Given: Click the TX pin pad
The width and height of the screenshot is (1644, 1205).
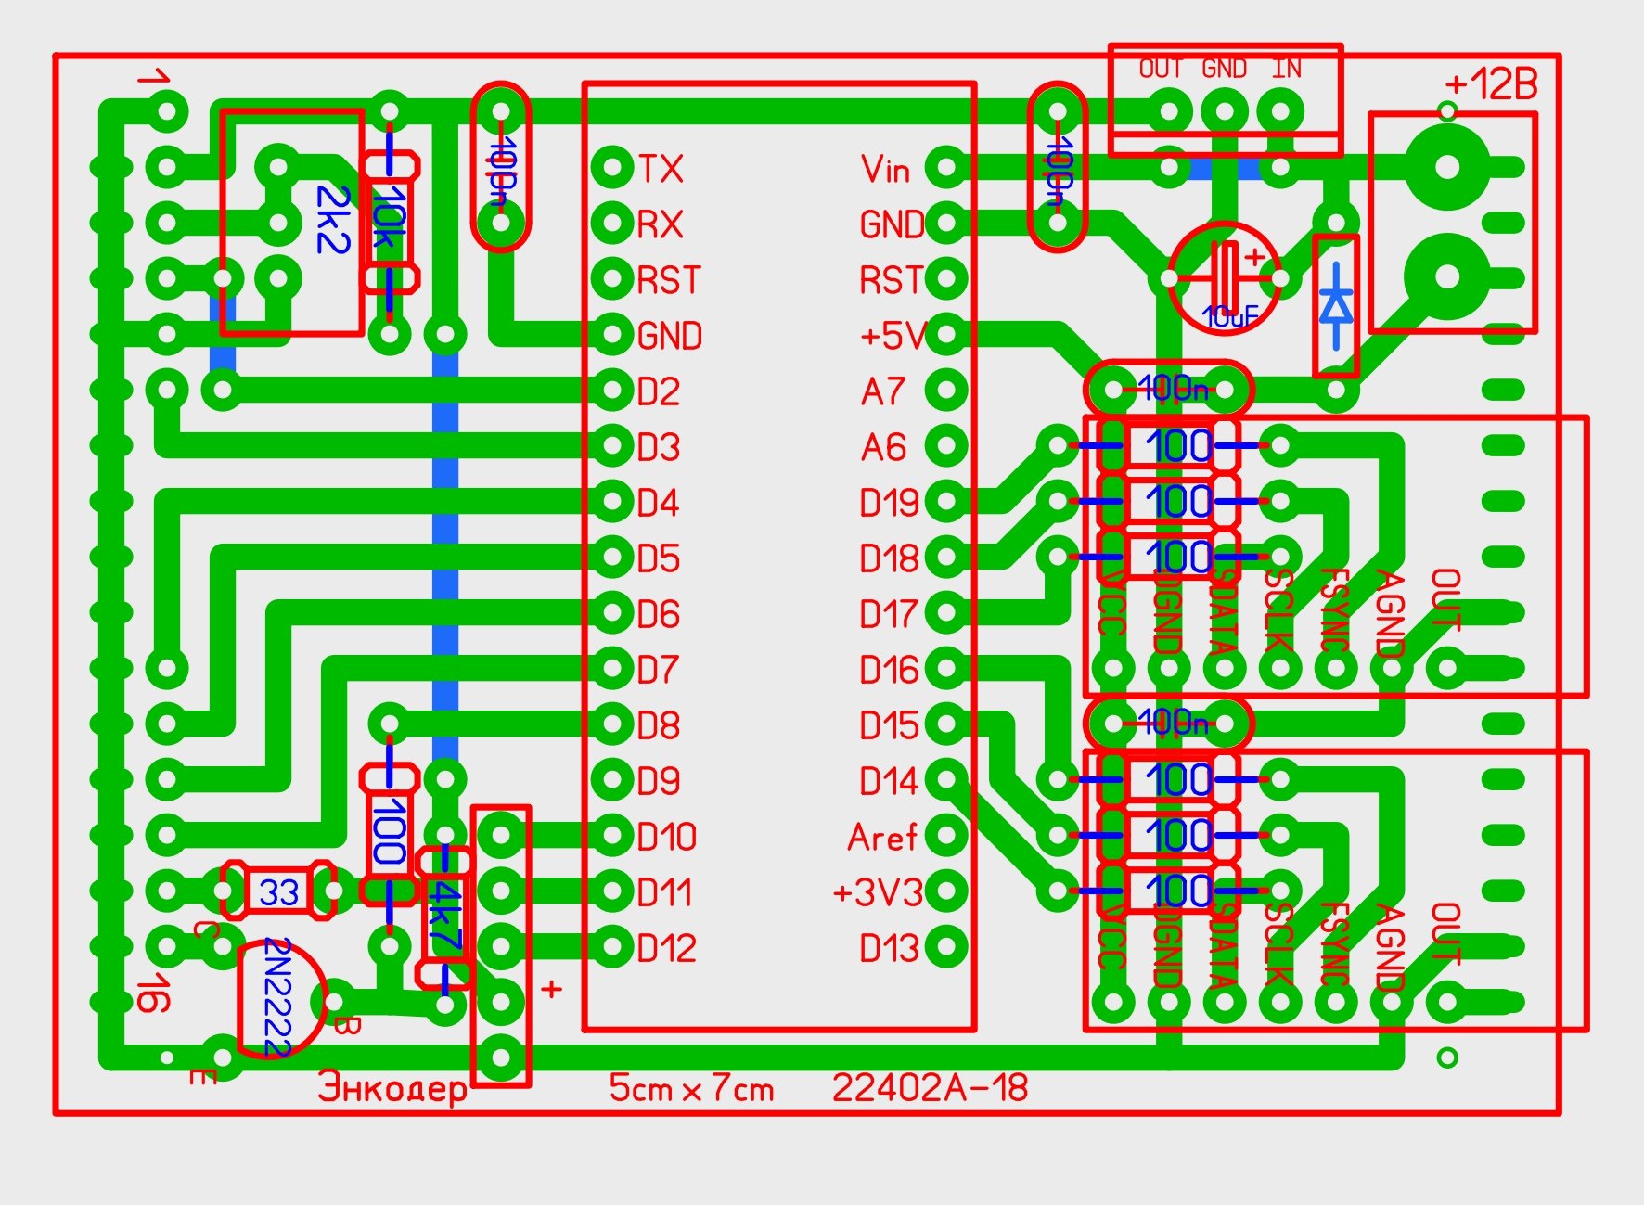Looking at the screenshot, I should (x=612, y=168).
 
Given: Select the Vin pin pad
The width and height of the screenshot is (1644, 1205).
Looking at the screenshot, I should (x=946, y=168).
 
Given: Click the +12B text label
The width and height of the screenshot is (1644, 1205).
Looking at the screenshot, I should (x=1491, y=84).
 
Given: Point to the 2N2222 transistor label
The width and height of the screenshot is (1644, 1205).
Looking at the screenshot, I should (x=277, y=997).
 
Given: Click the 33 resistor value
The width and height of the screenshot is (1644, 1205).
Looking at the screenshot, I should (x=278, y=892).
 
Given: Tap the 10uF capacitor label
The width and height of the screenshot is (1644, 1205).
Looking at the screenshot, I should (x=1229, y=317).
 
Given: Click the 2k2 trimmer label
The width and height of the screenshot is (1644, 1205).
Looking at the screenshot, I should (x=332, y=220).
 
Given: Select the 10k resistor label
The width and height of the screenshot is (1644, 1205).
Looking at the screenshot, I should (x=390, y=221).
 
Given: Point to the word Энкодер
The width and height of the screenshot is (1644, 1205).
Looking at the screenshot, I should (x=392, y=1087).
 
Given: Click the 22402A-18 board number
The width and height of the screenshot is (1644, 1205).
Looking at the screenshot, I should (x=930, y=1088).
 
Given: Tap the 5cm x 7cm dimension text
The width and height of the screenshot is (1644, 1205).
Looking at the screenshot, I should (x=691, y=1088).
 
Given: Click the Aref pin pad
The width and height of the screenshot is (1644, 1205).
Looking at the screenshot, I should (x=946, y=836).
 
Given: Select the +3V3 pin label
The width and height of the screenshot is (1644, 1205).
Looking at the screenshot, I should (x=877, y=892).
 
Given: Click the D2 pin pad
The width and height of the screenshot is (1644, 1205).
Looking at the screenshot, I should (x=612, y=391).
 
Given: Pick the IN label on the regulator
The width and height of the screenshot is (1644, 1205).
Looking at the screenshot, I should (x=1286, y=69).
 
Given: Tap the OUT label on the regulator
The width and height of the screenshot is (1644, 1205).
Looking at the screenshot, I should (x=1160, y=69).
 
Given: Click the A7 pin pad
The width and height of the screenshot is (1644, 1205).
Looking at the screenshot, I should (x=946, y=391).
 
